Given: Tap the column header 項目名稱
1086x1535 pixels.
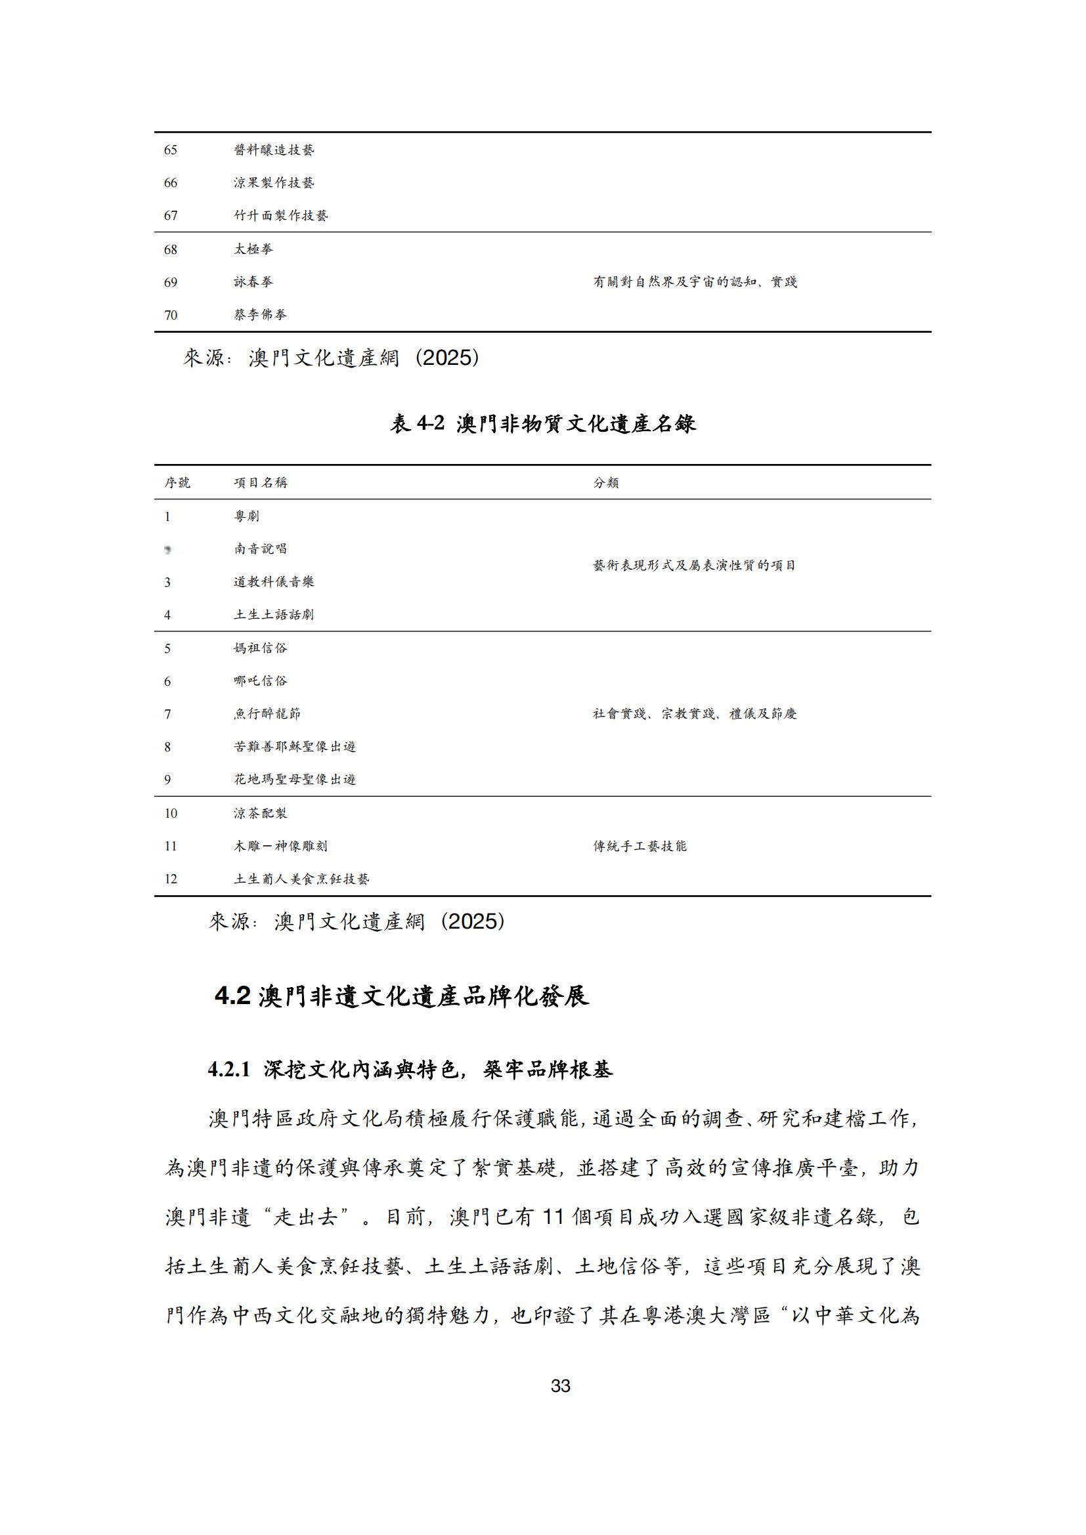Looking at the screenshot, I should pos(261,483).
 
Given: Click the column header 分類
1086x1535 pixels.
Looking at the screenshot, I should pos(606,483).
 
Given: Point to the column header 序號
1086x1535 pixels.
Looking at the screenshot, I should pos(177,483).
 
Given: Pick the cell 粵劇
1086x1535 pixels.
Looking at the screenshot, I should pos(247,516).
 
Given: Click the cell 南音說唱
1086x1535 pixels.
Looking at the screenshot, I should pos(261,549).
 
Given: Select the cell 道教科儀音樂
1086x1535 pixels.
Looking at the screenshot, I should pos(274,581).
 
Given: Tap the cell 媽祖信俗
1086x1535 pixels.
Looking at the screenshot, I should pos(261,648).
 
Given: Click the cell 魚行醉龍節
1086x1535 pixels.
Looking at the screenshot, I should pos(267,714).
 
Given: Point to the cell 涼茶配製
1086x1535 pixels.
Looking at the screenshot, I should pos(261,813).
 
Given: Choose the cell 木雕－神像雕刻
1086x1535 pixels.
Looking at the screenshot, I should pos(281,846).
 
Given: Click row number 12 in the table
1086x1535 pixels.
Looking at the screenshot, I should pos(171,879).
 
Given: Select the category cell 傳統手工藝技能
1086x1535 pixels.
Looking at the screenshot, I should pos(640,846).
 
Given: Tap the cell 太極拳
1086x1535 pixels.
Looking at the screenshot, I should pos(253,249).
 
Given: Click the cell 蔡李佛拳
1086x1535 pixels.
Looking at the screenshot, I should pos(261,314).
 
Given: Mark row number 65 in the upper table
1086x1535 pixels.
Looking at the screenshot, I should pos(171,150).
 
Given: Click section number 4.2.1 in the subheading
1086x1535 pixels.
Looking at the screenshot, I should pos(228,1070).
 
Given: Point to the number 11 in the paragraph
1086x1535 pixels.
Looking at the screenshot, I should pos(553,1217).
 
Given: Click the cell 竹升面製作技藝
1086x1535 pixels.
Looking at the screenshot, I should pos(281,215).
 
